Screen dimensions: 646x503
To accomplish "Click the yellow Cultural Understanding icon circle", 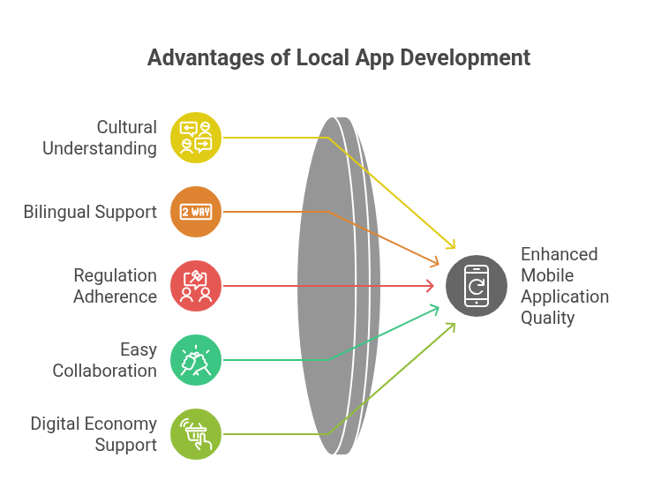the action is tap(196, 138).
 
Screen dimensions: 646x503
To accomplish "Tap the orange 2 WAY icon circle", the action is tap(196, 212).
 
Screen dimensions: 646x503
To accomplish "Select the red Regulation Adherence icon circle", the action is tap(196, 286).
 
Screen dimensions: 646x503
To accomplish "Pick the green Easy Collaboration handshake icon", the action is tap(196, 360).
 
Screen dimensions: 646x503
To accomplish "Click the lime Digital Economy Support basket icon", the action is tap(196, 434).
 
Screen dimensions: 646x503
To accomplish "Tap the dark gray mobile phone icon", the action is tap(477, 286).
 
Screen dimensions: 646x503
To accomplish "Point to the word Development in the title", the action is tap(465, 57).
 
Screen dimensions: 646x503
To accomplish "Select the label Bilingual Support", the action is tap(90, 212).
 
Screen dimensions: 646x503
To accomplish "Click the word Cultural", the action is tap(127, 127).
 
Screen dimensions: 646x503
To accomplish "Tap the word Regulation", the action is tap(116, 275).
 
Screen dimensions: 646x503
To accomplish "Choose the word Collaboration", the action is tap(105, 371).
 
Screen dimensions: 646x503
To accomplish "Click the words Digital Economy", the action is tap(94, 424).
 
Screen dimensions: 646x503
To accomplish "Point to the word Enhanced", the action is tap(559, 254).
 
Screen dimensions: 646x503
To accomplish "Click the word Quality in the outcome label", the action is tap(547, 318).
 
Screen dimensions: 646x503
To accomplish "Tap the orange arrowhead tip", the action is tap(439, 264).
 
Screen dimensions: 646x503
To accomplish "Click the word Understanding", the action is tap(100, 149).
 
